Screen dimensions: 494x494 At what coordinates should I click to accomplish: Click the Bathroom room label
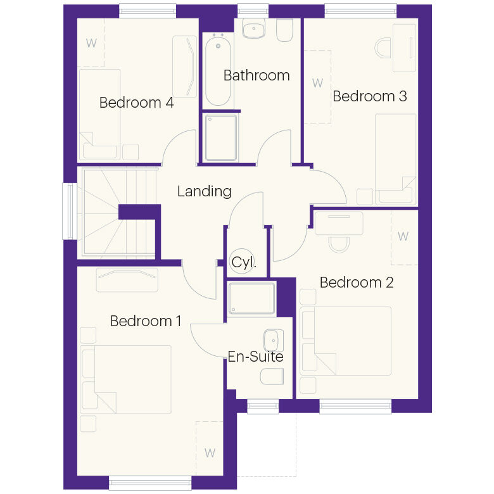256,75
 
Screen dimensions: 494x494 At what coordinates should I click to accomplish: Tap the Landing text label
204,191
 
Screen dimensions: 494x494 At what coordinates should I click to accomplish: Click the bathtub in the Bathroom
218,70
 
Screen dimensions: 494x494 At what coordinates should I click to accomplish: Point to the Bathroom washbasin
253,28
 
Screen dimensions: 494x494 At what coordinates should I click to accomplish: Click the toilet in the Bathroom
284,30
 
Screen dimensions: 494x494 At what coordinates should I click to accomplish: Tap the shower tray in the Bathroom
220,137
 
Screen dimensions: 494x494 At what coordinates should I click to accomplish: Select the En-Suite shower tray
251,298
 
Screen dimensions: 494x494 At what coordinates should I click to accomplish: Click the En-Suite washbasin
273,341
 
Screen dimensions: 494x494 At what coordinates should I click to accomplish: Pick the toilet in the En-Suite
272,376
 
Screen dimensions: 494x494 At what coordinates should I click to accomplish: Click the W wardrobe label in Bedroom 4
91,43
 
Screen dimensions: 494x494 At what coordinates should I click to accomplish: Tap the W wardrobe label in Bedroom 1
210,453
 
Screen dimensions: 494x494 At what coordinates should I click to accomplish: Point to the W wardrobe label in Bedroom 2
403,236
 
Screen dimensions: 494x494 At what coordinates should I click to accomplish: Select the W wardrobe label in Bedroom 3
317,83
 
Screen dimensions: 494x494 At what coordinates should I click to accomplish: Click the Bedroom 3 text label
370,96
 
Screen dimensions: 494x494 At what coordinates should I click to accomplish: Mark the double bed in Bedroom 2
346,341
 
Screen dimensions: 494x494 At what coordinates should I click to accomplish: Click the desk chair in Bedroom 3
383,48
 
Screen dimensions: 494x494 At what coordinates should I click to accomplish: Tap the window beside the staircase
70,211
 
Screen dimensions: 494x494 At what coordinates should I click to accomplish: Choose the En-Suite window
263,406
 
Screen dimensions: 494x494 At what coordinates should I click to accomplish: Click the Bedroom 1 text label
146,321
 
